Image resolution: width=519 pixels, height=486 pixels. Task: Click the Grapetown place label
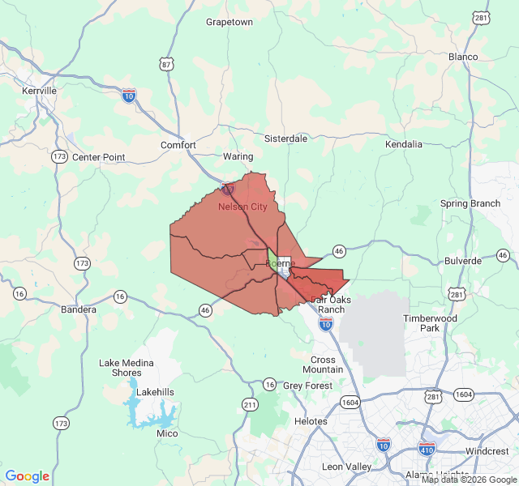click(229, 22)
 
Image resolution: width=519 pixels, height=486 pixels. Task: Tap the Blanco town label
click(463, 57)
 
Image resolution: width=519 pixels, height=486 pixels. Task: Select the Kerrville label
click(40, 91)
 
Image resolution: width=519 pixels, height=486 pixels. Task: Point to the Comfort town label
click(178, 145)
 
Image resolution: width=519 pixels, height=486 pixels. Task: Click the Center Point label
click(99, 157)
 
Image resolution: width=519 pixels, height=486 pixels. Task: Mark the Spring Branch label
click(470, 203)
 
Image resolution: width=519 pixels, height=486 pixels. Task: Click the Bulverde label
click(463, 261)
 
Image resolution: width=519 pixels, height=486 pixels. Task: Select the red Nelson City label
click(242, 207)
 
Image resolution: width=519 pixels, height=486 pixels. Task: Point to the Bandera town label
click(79, 309)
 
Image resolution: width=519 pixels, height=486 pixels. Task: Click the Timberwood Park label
click(430, 323)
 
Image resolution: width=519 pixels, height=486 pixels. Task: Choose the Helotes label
click(311, 421)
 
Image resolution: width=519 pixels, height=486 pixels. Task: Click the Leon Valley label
click(346, 467)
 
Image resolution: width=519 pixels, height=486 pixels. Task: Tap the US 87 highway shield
click(167, 64)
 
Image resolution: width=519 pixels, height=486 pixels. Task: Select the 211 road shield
click(250, 404)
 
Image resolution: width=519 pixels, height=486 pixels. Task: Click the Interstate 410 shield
click(427, 448)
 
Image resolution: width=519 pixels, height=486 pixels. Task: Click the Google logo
click(28, 476)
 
